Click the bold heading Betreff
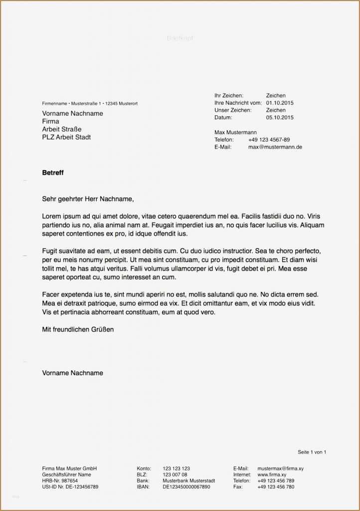coord(53,173)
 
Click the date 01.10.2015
coord(280,103)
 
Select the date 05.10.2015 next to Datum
coord(280,118)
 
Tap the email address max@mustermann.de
coord(275,147)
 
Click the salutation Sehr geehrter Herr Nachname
coord(88,199)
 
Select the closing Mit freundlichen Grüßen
coord(78,330)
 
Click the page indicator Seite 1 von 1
coord(312,452)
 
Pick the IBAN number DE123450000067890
coord(186,487)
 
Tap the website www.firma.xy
coord(272,475)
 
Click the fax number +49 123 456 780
coord(276,487)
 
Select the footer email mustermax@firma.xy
coord(280,469)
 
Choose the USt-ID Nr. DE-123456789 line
coord(70,487)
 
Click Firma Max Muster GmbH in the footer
coord(69,469)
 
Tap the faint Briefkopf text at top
coord(180,38)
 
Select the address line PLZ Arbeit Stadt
coord(66,137)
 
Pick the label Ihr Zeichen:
coord(229,95)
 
